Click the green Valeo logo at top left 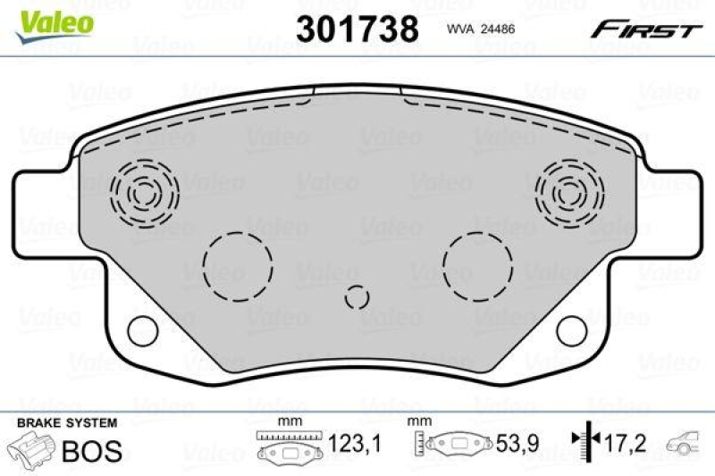tap(55, 21)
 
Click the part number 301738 tap(357, 29)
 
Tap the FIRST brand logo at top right tap(643, 29)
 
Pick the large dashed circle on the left tap(237, 263)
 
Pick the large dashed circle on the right tap(479, 263)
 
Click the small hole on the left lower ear tap(142, 330)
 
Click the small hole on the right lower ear tap(573, 330)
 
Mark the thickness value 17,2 tap(623, 441)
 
